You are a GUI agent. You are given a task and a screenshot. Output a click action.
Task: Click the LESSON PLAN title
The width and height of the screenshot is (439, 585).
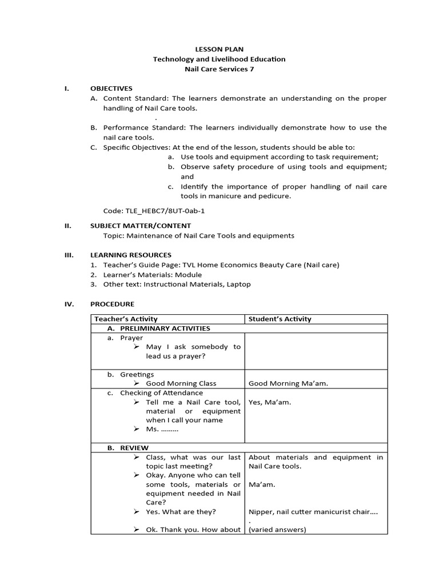pyautogui.click(x=219, y=50)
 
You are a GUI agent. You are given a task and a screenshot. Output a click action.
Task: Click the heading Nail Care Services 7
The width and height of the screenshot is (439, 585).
pyautogui.click(x=219, y=69)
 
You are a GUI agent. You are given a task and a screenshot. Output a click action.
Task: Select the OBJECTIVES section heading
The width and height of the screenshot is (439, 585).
pyautogui.click(x=111, y=89)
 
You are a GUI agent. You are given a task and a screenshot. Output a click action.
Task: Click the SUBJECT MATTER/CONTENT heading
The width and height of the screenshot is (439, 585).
pyautogui.click(x=141, y=226)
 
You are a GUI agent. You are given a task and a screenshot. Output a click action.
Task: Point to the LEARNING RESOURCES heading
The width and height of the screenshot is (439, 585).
pyautogui.click(x=131, y=255)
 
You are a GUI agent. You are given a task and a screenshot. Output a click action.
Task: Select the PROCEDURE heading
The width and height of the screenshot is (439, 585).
pyautogui.click(x=113, y=304)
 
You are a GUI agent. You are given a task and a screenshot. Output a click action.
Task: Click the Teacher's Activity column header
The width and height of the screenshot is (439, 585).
pyautogui.click(x=126, y=319)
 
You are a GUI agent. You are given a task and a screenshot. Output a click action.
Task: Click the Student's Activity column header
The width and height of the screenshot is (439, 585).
pyautogui.click(x=280, y=319)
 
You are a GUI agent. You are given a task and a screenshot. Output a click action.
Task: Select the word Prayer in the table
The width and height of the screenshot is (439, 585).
pyautogui.click(x=131, y=338)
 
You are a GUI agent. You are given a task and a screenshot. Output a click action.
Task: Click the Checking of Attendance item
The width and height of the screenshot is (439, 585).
pyautogui.click(x=161, y=393)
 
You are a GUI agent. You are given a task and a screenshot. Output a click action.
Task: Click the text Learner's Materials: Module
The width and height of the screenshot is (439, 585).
pyautogui.click(x=153, y=275)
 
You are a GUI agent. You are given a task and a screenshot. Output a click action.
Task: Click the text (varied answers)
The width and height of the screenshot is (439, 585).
pyautogui.click(x=278, y=530)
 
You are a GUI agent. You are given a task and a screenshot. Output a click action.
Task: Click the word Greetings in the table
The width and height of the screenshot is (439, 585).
pyautogui.click(x=137, y=374)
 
